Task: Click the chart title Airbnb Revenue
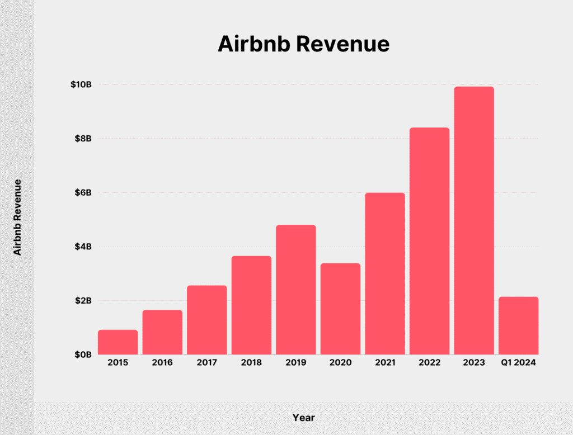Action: click(303, 44)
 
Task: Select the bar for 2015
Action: click(118, 342)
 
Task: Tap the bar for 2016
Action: click(162, 332)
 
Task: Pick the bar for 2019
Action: click(295, 290)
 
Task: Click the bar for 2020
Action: click(340, 309)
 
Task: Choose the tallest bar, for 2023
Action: click(474, 220)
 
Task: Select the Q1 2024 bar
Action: click(518, 325)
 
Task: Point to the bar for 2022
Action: click(429, 241)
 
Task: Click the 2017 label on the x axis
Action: click(206, 363)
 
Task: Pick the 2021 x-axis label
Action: click(384, 363)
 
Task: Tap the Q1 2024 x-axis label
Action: click(518, 363)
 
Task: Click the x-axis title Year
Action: click(303, 418)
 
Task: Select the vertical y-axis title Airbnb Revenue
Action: click(17, 217)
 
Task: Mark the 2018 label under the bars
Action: click(251, 363)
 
